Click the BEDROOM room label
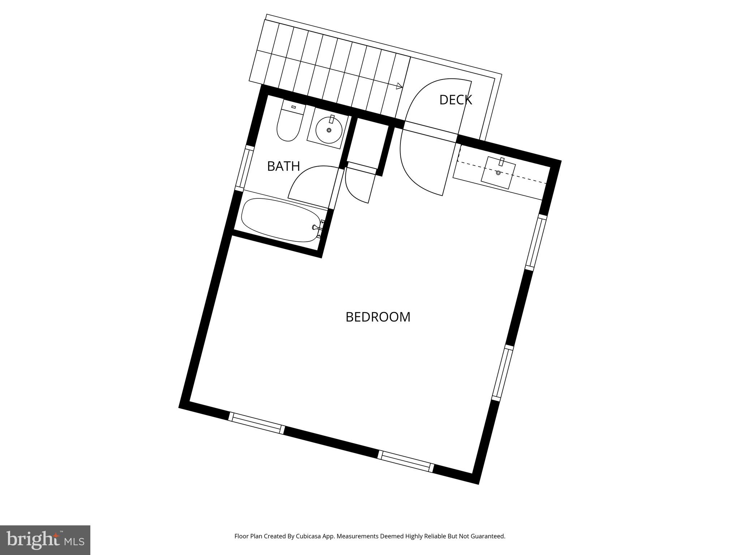click(x=378, y=317)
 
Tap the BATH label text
click(x=283, y=166)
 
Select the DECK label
click(x=455, y=100)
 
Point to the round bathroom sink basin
click(x=328, y=130)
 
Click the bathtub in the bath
click(x=281, y=220)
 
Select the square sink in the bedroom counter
click(x=498, y=173)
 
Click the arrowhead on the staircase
click(x=399, y=86)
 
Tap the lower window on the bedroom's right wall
click(x=503, y=373)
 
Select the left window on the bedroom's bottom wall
click(x=257, y=423)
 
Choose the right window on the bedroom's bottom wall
click(x=406, y=461)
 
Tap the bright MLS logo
click(x=45, y=540)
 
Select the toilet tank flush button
click(x=293, y=107)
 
